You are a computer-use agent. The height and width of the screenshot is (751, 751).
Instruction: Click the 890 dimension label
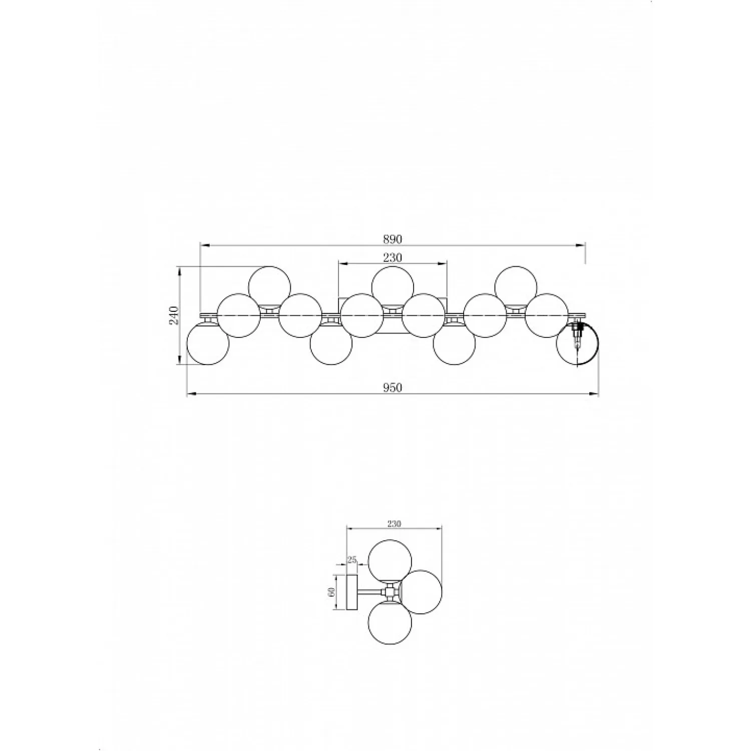pos(393,239)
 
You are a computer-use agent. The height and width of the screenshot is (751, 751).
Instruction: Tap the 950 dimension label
pos(393,388)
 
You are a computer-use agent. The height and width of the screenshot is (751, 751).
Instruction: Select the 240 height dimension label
pos(174,315)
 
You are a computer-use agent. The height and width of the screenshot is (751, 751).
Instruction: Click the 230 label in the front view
pos(393,257)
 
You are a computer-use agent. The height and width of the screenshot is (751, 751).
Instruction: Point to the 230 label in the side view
pos(395,524)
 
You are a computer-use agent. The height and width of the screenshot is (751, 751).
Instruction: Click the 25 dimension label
pos(352,560)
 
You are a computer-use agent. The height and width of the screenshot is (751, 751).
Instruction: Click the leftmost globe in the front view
pos(207,344)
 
